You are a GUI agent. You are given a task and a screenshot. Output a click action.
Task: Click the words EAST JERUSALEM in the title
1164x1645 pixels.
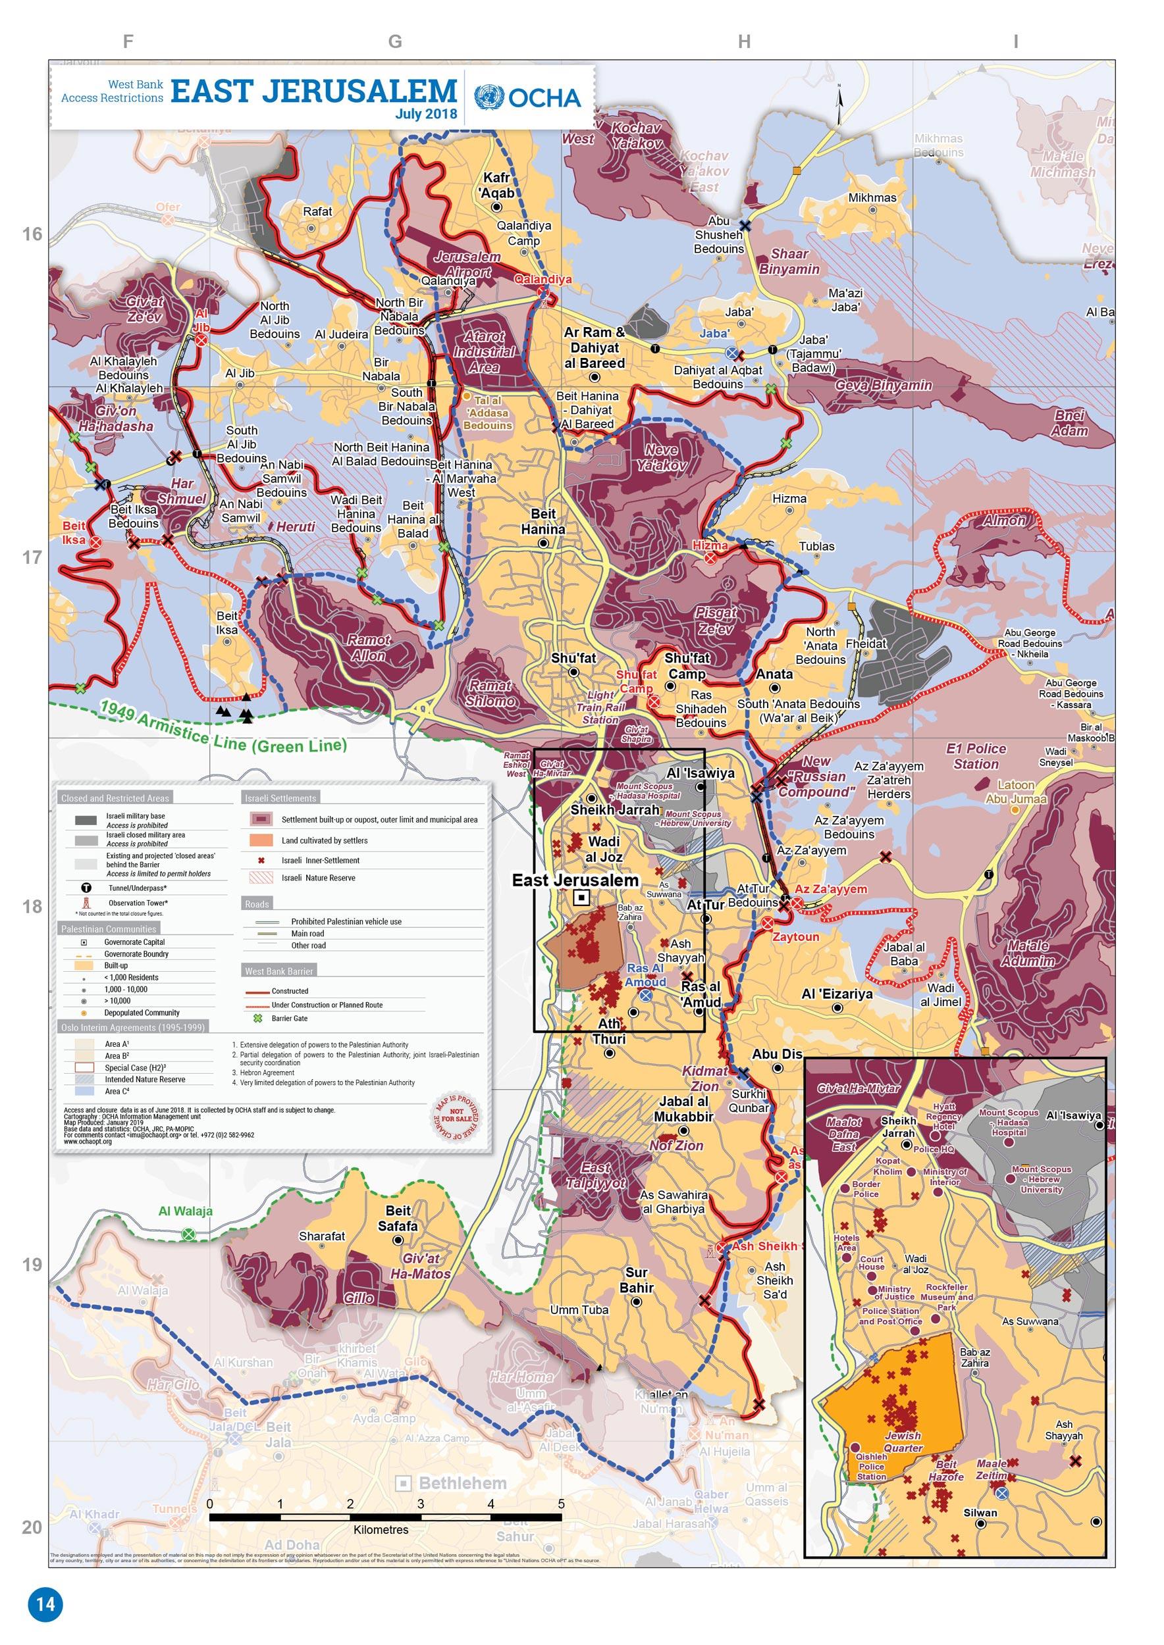[313, 91]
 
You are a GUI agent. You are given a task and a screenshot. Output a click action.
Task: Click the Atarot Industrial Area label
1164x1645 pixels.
[484, 352]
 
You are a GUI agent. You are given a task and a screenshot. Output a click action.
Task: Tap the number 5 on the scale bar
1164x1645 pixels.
[561, 1504]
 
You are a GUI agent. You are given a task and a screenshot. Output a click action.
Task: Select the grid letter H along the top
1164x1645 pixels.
[743, 42]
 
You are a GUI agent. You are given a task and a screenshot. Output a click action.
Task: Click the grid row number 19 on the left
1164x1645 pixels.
[32, 1265]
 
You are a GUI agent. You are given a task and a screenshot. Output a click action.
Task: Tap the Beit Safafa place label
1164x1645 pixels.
[398, 1218]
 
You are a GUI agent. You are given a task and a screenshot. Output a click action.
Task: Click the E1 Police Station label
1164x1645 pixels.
[976, 756]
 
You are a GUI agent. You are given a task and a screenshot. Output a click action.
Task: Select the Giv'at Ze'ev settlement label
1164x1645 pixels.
[145, 309]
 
